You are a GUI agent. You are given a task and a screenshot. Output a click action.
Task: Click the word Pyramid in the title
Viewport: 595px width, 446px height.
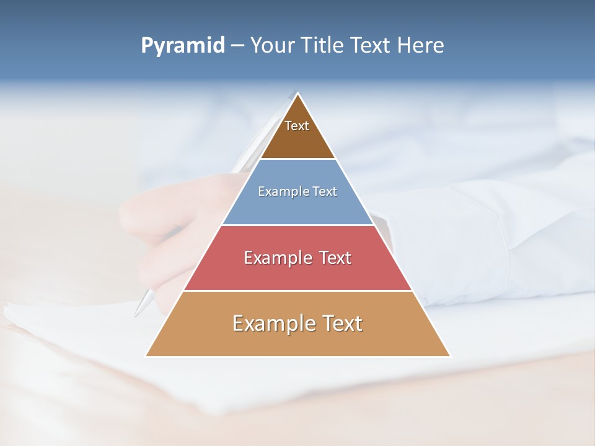click(183, 46)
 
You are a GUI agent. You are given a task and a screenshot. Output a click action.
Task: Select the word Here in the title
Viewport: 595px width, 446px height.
click(421, 45)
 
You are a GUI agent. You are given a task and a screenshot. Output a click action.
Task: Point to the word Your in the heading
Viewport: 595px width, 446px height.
click(272, 45)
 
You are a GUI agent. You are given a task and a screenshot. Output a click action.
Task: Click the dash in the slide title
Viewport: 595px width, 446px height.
click(237, 46)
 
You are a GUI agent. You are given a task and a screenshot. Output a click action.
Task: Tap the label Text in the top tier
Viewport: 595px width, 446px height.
click(297, 126)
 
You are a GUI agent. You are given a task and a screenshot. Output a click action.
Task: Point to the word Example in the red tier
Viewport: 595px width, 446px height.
click(276, 258)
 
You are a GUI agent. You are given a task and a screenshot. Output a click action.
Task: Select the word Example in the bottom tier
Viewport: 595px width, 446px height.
click(271, 323)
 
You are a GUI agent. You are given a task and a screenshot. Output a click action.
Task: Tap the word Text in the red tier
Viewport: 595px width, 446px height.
click(335, 258)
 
